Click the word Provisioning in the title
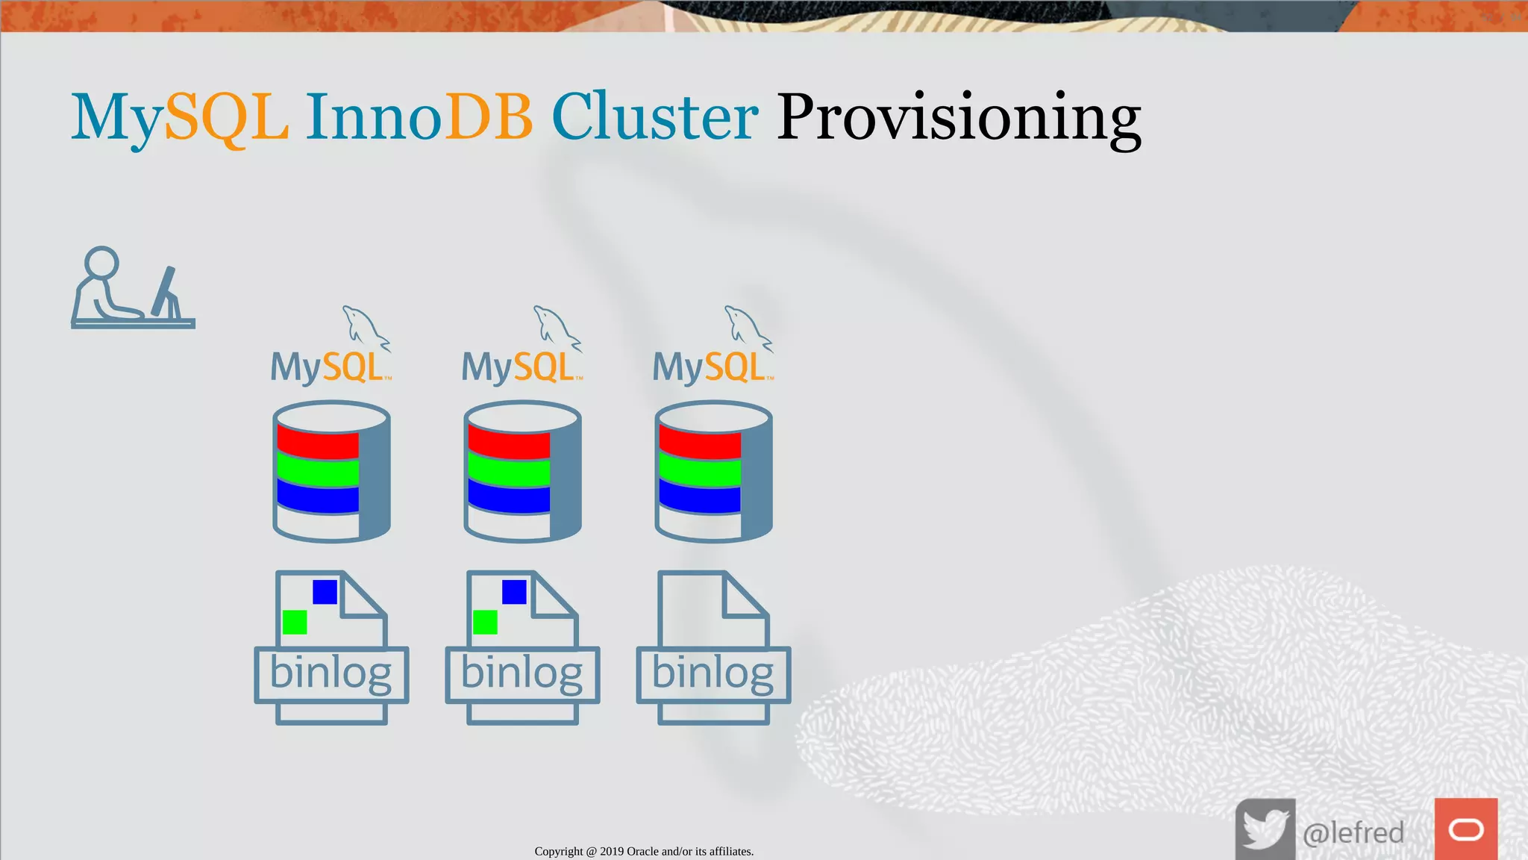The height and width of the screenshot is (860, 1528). [958, 117]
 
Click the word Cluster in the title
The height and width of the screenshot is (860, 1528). [654, 117]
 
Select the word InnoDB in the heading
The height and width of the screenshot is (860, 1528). [419, 117]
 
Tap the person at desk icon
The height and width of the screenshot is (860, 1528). [132, 289]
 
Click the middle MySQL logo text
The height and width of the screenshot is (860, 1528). [520, 367]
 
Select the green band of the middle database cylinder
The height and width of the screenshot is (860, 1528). [509, 473]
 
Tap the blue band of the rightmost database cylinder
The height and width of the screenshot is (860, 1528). [700, 498]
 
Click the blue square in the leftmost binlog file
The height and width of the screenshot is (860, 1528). [325, 591]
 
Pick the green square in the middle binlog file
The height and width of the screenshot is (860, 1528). [485, 622]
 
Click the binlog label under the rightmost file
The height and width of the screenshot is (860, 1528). [713, 673]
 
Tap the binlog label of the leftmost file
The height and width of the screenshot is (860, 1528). [331, 673]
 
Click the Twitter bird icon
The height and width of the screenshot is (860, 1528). [1265, 829]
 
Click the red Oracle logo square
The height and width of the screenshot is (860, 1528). [1465, 829]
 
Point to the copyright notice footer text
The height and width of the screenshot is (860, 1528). [644, 851]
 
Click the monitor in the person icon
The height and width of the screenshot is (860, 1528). [166, 291]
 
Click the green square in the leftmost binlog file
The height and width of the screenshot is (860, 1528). [295, 622]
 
